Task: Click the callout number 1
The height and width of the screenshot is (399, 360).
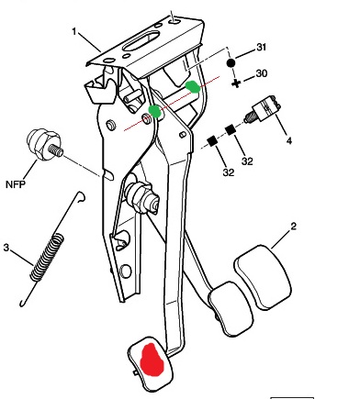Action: (x=74, y=31)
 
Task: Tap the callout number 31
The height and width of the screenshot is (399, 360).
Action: (x=261, y=47)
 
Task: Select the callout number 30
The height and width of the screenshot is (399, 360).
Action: (x=261, y=73)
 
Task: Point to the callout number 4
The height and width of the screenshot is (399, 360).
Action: (x=288, y=140)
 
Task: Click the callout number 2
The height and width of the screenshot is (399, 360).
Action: (x=293, y=227)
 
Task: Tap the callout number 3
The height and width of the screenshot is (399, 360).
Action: (x=6, y=247)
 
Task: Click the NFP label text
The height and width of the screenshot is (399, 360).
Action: (x=16, y=184)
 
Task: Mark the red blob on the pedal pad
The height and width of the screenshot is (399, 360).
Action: (x=152, y=360)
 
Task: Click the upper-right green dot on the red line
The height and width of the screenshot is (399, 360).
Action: (x=193, y=86)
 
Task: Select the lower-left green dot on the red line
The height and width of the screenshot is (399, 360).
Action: (x=155, y=111)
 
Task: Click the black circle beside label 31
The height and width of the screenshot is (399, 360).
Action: (x=231, y=63)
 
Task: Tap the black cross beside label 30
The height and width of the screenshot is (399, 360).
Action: (x=236, y=83)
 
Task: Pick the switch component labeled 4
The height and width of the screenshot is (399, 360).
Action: (x=263, y=109)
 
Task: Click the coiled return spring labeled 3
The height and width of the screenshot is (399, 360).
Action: (x=48, y=256)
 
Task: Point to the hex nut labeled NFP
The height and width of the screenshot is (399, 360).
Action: (x=42, y=144)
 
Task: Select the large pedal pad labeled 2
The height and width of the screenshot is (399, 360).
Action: (x=263, y=277)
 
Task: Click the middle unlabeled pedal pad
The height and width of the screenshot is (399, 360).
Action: (x=231, y=309)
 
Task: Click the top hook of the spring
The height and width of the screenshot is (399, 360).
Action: (x=81, y=196)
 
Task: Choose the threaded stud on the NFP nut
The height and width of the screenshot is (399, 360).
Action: (x=56, y=150)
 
